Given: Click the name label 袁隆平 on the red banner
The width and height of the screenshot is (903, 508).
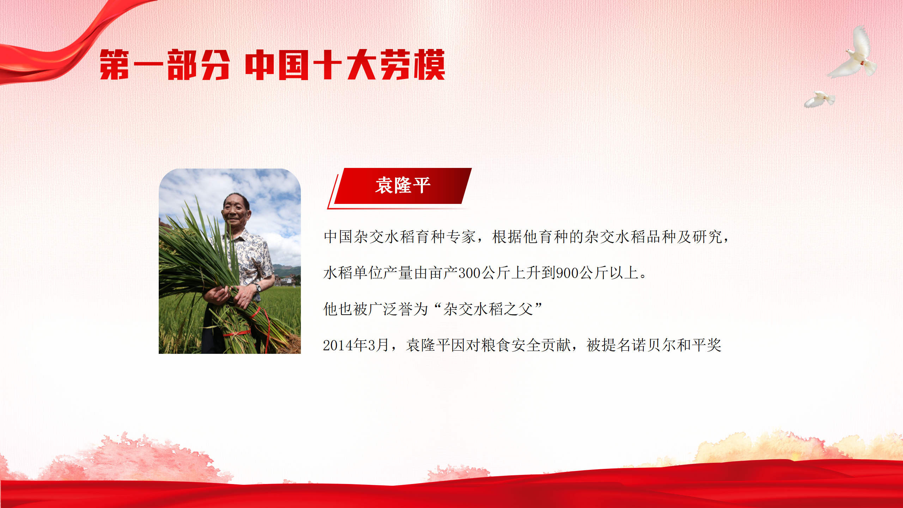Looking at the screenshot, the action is tap(403, 185).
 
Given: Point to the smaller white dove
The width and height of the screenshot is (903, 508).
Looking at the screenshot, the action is tap(819, 99).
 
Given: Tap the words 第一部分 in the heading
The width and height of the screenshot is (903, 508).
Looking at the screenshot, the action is tap(165, 65).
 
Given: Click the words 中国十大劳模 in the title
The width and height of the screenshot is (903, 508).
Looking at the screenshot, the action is tap(345, 65).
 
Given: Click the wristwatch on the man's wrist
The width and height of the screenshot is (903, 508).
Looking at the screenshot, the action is tap(258, 288).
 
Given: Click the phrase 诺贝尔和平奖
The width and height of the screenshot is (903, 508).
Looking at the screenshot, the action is tap(677, 345).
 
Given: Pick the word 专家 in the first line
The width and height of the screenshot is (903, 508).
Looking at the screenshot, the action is tap(461, 237).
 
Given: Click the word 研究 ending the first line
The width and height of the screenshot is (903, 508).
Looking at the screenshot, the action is tap(707, 237).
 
